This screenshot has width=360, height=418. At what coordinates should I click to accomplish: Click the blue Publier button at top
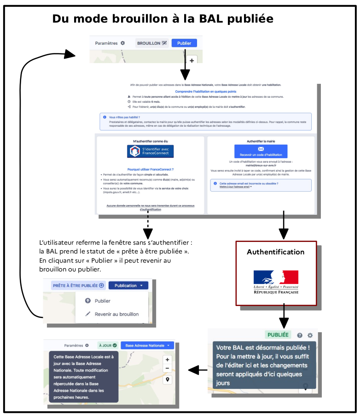184,43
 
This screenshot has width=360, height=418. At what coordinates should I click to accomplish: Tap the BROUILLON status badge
152,43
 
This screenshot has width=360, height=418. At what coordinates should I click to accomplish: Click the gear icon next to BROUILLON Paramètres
122,43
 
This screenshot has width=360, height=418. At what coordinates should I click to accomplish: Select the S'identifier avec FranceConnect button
150,151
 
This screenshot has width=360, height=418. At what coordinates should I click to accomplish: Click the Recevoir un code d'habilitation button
261,151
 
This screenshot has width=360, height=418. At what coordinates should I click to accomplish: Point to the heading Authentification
276,252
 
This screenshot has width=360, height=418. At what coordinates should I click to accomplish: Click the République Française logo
276,282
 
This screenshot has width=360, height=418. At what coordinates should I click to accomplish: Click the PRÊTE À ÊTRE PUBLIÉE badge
78,285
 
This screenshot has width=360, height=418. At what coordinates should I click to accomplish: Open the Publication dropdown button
128,285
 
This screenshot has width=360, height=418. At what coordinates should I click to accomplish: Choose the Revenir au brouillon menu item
116,314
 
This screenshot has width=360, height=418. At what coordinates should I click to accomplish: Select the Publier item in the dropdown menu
102,301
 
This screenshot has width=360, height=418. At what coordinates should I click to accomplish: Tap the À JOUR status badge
108,345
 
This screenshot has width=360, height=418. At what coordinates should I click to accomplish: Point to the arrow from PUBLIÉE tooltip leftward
197,370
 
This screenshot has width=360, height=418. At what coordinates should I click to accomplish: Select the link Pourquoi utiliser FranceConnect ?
150,170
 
